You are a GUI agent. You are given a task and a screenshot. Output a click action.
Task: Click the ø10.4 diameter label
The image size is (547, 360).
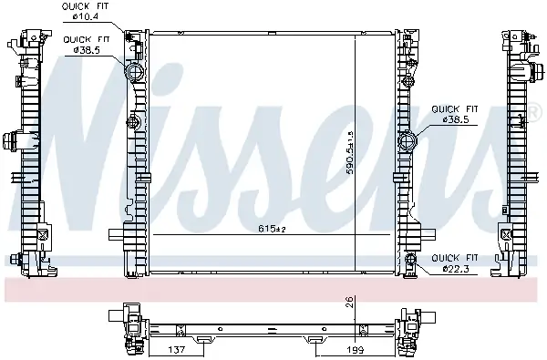tap(87, 15)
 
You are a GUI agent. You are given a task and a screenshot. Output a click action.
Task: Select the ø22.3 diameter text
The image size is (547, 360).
tap(457, 268)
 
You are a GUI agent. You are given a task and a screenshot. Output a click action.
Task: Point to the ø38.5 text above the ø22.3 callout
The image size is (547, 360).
tap(457, 118)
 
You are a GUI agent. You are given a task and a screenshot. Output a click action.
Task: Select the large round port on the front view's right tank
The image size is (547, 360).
tap(408, 142)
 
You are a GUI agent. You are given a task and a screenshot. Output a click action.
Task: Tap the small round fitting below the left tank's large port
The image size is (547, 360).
tap(134, 122)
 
